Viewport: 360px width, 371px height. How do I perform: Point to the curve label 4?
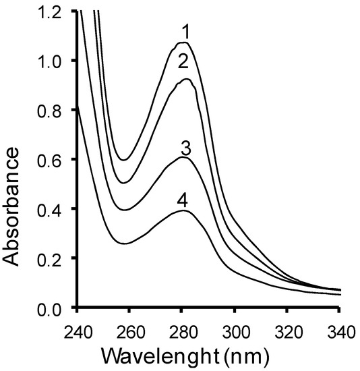[182, 200]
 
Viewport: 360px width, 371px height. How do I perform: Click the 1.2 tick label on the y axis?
[53, 11]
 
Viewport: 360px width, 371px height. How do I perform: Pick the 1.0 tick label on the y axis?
[53, 61]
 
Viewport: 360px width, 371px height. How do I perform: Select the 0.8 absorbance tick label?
[53, 111]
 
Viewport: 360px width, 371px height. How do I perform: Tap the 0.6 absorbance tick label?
[53, 160]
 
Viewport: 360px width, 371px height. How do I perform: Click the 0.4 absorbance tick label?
[53, 210]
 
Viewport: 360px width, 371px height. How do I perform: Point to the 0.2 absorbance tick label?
[53, 259]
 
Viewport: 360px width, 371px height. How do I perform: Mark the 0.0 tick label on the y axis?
[53, 308]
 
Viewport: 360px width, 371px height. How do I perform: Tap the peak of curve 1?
[182, 42]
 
